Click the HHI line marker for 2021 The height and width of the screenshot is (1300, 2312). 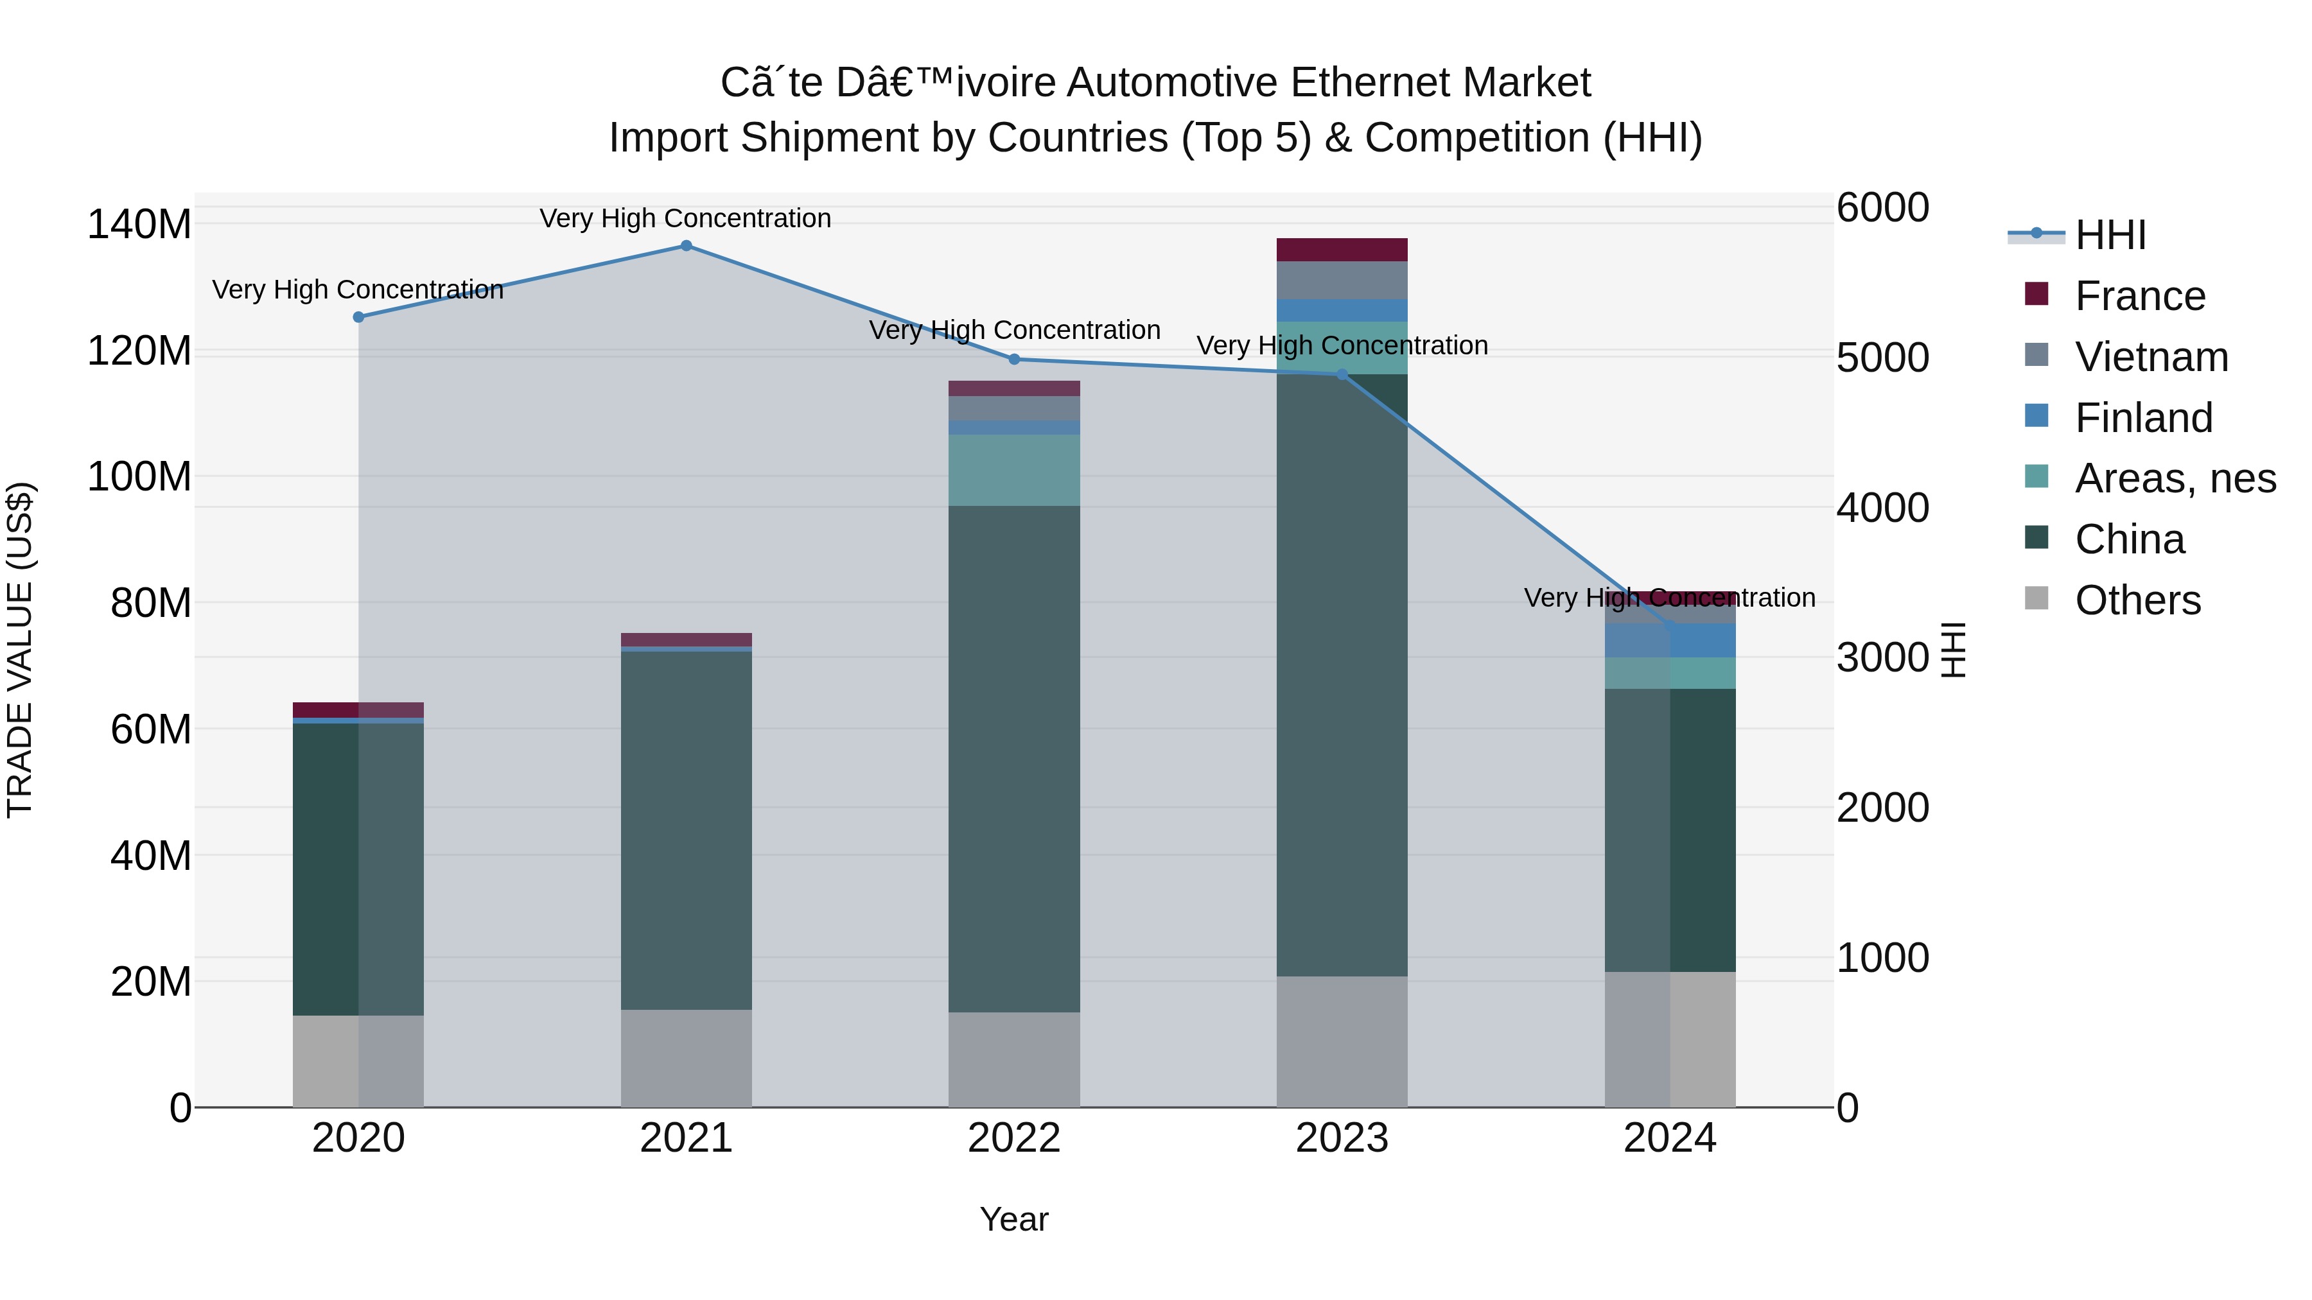[x=686, y=245]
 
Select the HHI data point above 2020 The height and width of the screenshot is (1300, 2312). [x=358, y=316]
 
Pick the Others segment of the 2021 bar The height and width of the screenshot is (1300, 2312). [x=686, y=1058]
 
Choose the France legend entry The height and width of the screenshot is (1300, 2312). [x=2140, y=296]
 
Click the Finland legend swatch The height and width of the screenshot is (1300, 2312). [x=2036, y=416]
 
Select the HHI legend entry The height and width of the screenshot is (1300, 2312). [x=2109, y=235]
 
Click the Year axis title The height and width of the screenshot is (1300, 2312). [x=1014, y=1219]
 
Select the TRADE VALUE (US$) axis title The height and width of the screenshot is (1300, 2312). [x=20, y=650]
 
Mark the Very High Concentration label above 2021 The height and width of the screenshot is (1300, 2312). [x=686, y=218]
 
